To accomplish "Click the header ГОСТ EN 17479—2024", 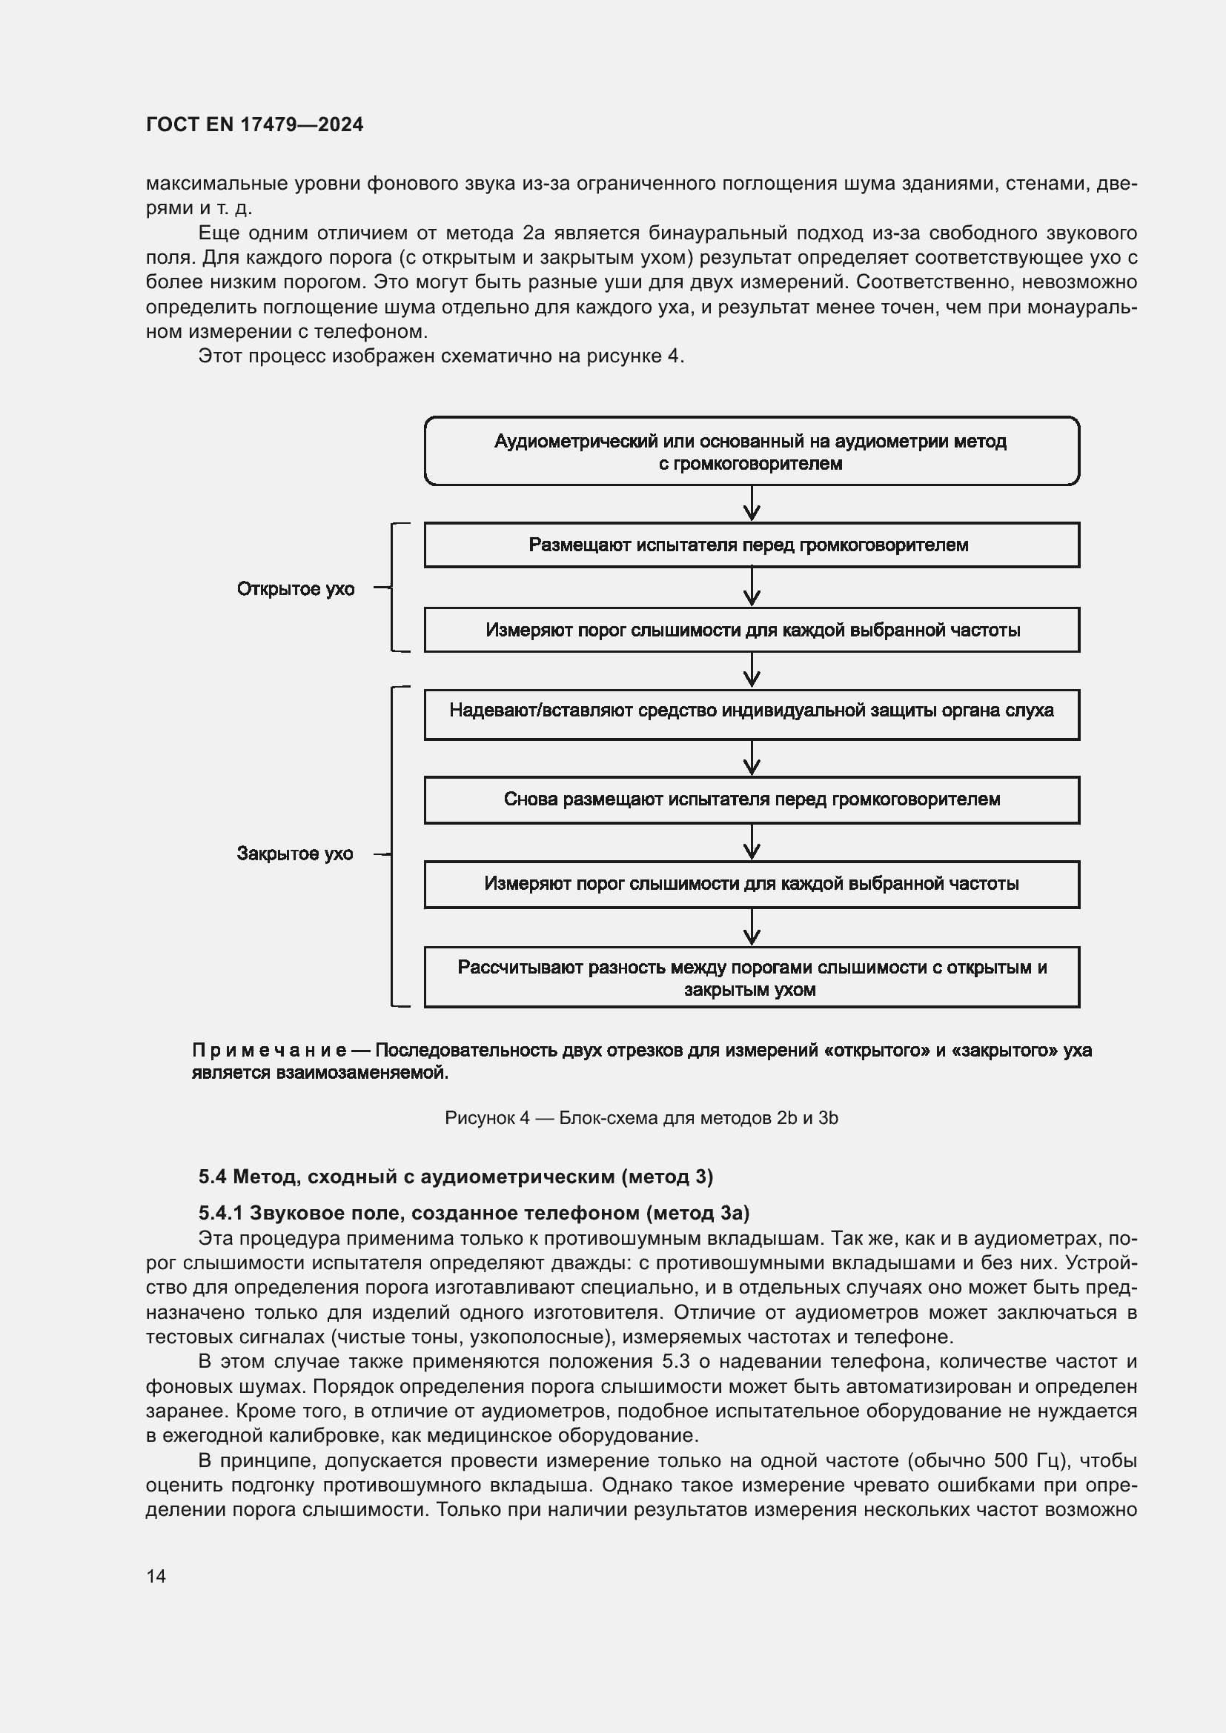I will (x=254, y=124).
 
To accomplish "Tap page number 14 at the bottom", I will (x=156, y=1576).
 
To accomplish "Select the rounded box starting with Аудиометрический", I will (x=751, y=451).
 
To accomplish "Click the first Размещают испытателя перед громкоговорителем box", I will (x=751, y=545).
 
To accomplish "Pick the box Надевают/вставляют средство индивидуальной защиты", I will (x=751, y=712).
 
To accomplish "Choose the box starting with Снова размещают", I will (x=751, y=799).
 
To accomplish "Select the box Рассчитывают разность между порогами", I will (x=751, y=977).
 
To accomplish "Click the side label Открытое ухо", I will (x=295, y=589).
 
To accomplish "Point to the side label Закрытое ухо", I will (x=294, y=854).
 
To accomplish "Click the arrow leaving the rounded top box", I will (x=751, y=503).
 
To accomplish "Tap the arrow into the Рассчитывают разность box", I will (x=751, y=927).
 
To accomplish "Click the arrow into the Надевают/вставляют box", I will (x=751, y=671).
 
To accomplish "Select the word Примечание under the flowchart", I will (x=269, y=1050).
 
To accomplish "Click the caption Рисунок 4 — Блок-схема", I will (x=641, y=1118).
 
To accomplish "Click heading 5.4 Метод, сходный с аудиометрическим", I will (x=455, y=1176).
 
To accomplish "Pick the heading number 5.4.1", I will (x=219, y=1213).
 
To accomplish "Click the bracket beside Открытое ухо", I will (x=393, y=588).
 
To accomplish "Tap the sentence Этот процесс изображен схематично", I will (x=441, y=356).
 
